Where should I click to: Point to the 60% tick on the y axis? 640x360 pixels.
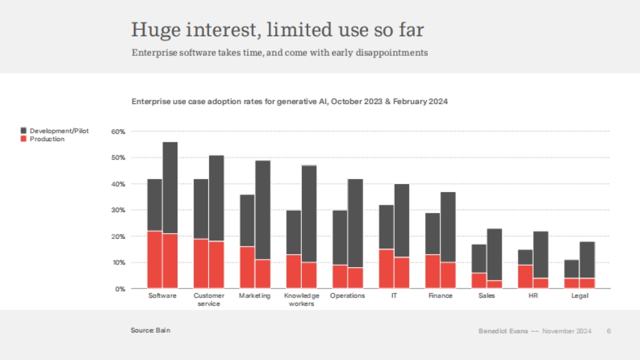118,131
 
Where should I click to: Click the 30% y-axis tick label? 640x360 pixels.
118,210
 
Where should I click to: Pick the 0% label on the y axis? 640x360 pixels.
119,289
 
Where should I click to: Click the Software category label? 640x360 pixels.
162,296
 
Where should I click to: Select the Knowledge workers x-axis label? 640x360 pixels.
301,300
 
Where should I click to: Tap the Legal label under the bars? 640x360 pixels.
579,296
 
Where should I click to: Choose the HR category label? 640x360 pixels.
533,296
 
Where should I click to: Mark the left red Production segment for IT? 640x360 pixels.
386,269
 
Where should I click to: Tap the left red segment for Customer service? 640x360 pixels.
201,264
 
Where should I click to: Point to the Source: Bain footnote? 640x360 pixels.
150,331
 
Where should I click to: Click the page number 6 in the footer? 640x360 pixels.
609,331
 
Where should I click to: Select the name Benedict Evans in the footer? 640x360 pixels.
503,331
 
